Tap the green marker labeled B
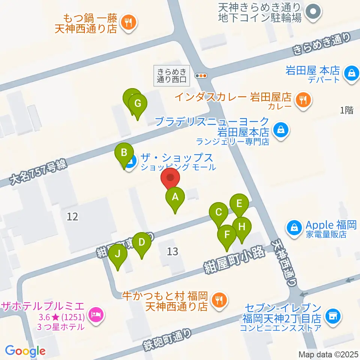pyautogui.click(x=124, y=153)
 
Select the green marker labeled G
pyautogui.click(x=138, y=103)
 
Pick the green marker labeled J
pyautogui.click(x=118, y=254)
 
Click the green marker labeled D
pyautogui.click(x=141, y=242)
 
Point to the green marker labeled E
pyautogui.click(x=239, y=204)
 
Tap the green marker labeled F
pyautogui.click(x=226, y=235)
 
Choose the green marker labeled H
pyautogui.click(x=242, y=227)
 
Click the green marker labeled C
pyautogui.click(x=219, y=212)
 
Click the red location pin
pyautogui.click(x=170, y=178)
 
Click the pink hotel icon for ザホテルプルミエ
pyautogui.click(x=96, y=313)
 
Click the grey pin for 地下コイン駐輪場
pyautogui.click(x=312, y=12)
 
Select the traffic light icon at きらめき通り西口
pyautogui.click(x=202, y=76)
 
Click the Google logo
pyautogui.click(x=25, y=351)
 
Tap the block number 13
pyautogui.click(x=172, y=251)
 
